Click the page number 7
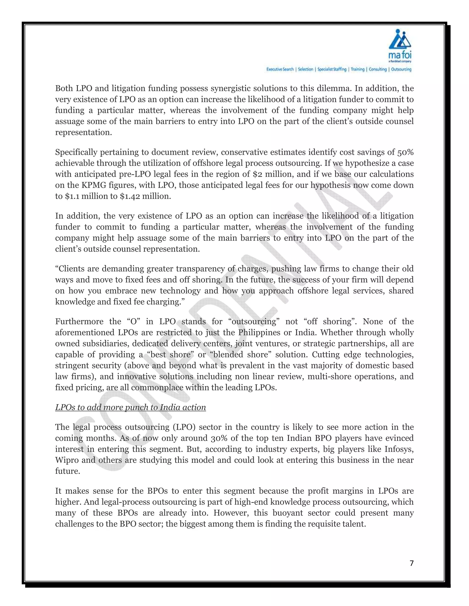(412, 563)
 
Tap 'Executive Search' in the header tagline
(280, 69)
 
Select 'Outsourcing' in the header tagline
(401, 69)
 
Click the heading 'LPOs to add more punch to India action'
(130, 407)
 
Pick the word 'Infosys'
(399, 449)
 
